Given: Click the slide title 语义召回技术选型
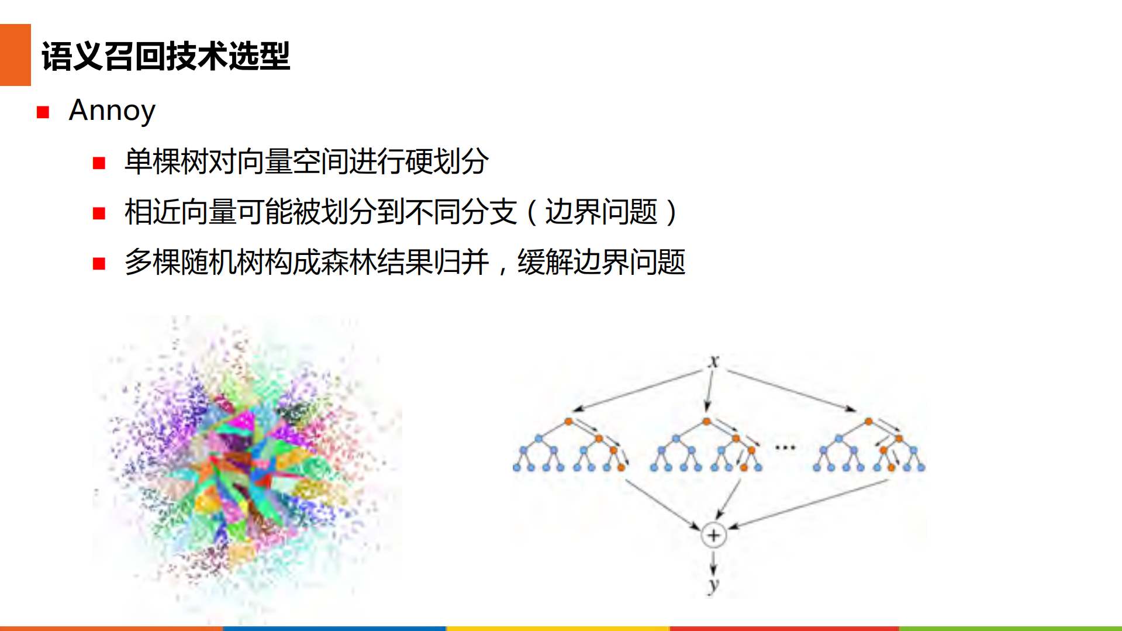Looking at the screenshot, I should click(x=165, y=57).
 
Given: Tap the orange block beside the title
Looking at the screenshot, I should click(x=15, y=55).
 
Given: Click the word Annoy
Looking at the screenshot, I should click(x=112, y=111).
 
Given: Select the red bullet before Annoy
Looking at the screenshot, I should click(x=43, y=112).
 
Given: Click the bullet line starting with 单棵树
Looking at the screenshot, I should click(x=306, y=161).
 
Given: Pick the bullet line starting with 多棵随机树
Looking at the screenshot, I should click(x=404, y=262).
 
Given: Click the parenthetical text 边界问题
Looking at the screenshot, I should click(x=601, y=212).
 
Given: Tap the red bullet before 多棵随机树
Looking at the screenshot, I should click(x=99, y=264).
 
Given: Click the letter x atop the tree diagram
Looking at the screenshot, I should click(x=713, y=361).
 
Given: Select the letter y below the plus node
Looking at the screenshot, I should click(x=713, y=584).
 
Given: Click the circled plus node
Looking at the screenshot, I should click(x=713, y=535).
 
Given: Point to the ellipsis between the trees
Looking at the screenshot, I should click(x=785, y=448).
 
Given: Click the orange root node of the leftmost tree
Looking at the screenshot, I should click(x=568, y=421).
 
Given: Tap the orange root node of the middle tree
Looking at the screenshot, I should click(x=706, y=421).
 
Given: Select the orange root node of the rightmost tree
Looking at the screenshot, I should click(x=868, y=421).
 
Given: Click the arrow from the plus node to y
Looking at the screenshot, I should click(x=713, y=562).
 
